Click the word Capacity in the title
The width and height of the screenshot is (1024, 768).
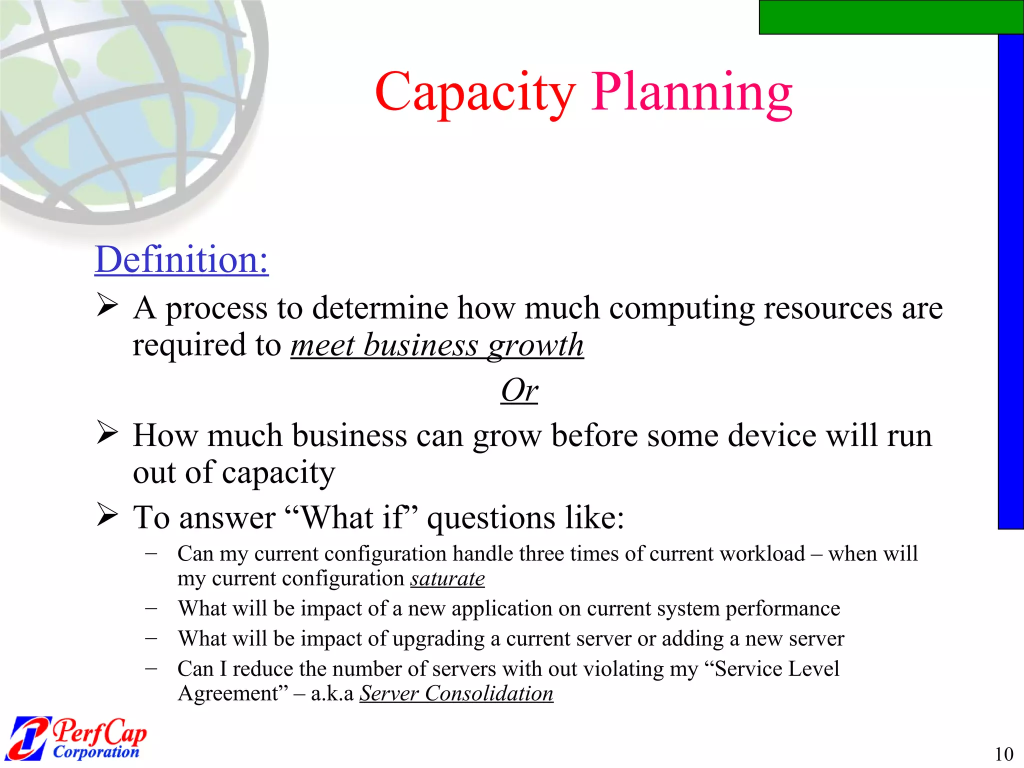click(x=475, y=92)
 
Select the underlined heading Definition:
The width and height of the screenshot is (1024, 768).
click(x=181, y=259)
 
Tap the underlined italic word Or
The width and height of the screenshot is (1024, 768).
click(x=519, y=390)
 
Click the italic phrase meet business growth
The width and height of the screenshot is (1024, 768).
click(x=437, y=345)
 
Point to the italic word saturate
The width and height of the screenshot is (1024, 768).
click(x=447, y=579)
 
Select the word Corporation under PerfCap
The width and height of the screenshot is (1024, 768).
click(x=96, y=751)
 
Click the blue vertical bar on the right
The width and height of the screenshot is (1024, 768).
click(x=1010, y=280)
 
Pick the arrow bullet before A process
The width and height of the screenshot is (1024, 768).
click(x=107, y=305)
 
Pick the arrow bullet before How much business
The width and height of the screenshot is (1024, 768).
click(x=107, y=432)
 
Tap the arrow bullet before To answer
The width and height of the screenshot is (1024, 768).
click(x=107, y=515)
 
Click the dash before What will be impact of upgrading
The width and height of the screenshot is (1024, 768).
click(x=151, y=638)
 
